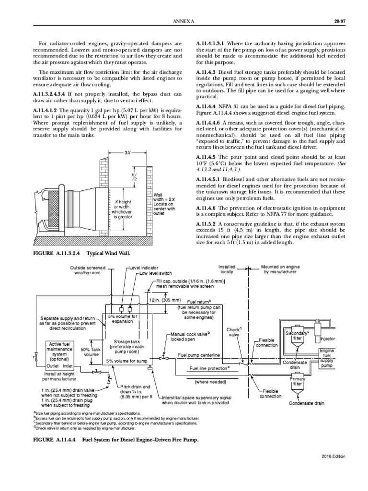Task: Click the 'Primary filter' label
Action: [x=298, y=381]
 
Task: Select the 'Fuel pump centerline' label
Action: [x=199, y=354]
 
